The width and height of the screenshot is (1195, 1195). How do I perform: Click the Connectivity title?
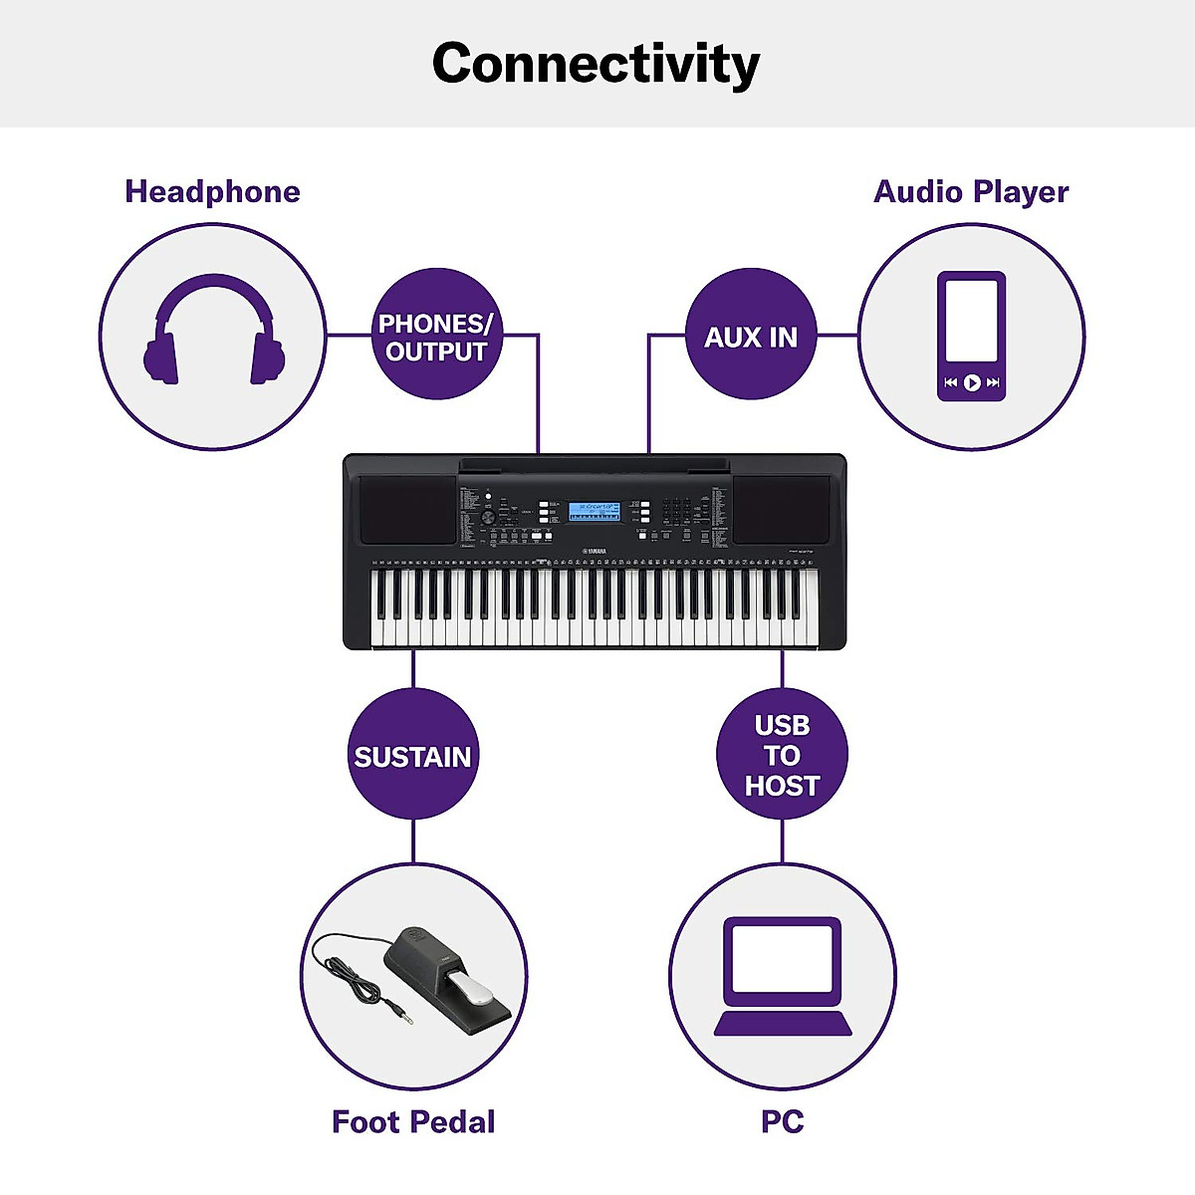click(596, 64)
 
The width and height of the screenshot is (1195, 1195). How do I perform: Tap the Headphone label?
click(212, 191)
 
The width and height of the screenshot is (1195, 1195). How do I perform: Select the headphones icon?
click(213, 332)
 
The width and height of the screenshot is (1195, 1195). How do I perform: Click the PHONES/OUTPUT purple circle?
click(435, 337)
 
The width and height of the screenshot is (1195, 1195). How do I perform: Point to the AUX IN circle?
click(751, 337)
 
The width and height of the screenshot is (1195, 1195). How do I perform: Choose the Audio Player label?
click(971, 191)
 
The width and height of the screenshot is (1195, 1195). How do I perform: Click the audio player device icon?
click(971, 336)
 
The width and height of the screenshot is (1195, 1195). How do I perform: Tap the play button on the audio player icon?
click(971, 382)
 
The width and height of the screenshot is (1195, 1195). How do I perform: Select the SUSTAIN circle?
click(412, 756)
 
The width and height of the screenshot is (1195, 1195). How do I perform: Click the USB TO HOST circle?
click(782, 756)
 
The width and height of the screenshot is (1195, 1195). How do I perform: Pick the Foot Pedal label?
click(413, 1122)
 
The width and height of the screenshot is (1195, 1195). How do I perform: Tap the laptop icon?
click(783, 976)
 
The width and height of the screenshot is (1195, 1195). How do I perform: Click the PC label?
click(782, 1122)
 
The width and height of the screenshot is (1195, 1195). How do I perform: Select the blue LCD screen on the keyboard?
click(594, 511)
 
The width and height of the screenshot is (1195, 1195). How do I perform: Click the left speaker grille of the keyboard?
click(406, 509)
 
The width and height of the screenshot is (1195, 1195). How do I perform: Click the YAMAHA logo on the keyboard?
click(596, 551)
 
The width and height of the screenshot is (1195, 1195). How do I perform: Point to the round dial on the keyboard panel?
click(488, 519)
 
